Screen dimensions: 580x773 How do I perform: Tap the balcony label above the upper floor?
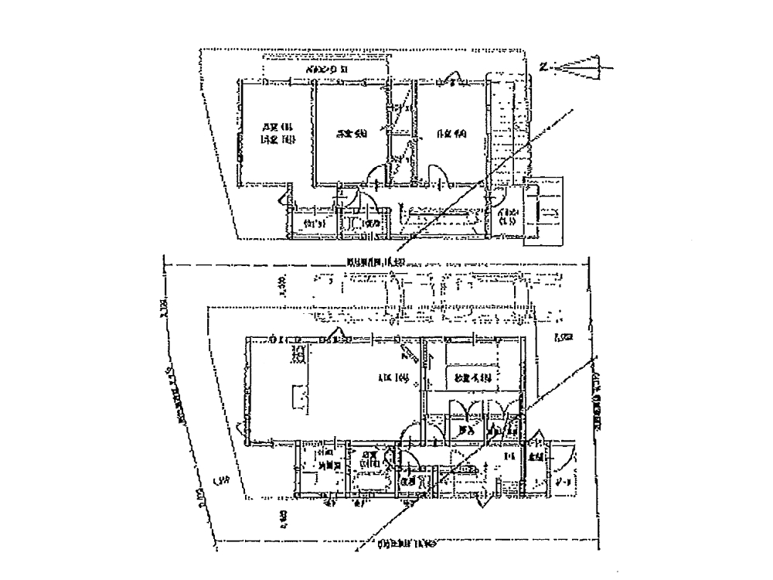328,70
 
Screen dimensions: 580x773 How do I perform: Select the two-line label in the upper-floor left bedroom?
276,133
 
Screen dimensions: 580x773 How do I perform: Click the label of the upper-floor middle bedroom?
350,134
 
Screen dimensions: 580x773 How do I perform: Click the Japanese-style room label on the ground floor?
473,378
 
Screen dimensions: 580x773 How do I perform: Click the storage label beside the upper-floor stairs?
508,216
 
